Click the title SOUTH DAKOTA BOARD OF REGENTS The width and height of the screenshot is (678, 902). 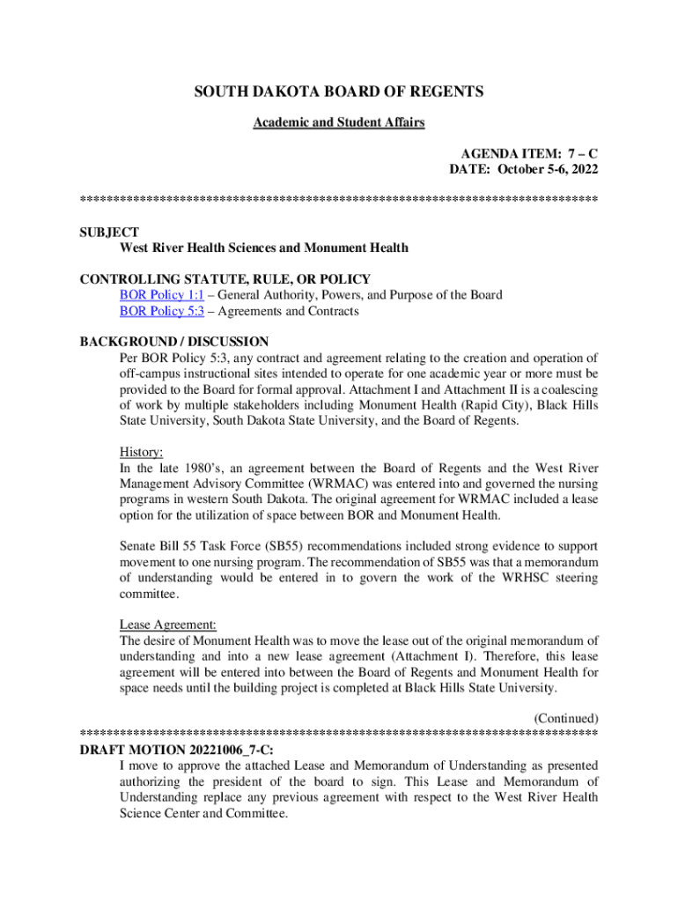coord(339,92)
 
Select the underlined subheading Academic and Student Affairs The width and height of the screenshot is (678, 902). coord(339,122)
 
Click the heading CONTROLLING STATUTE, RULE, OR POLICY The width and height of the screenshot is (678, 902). coord(225,279)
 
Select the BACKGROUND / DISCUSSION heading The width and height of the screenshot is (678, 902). coord(174,342)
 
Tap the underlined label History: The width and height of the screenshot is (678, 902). coord(141,452)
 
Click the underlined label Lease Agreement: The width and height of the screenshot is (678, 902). coord(168,625)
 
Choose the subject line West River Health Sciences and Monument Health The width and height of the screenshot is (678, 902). coord(264,248)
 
